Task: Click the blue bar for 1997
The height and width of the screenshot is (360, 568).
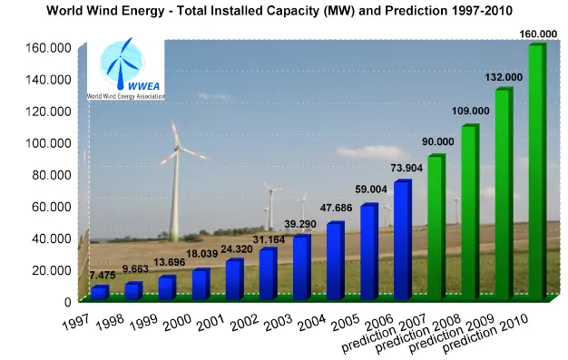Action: pyautogui.click(x=98, y=293)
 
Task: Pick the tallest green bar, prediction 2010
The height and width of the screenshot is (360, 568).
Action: pyautogui.click(x=536, y=172)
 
